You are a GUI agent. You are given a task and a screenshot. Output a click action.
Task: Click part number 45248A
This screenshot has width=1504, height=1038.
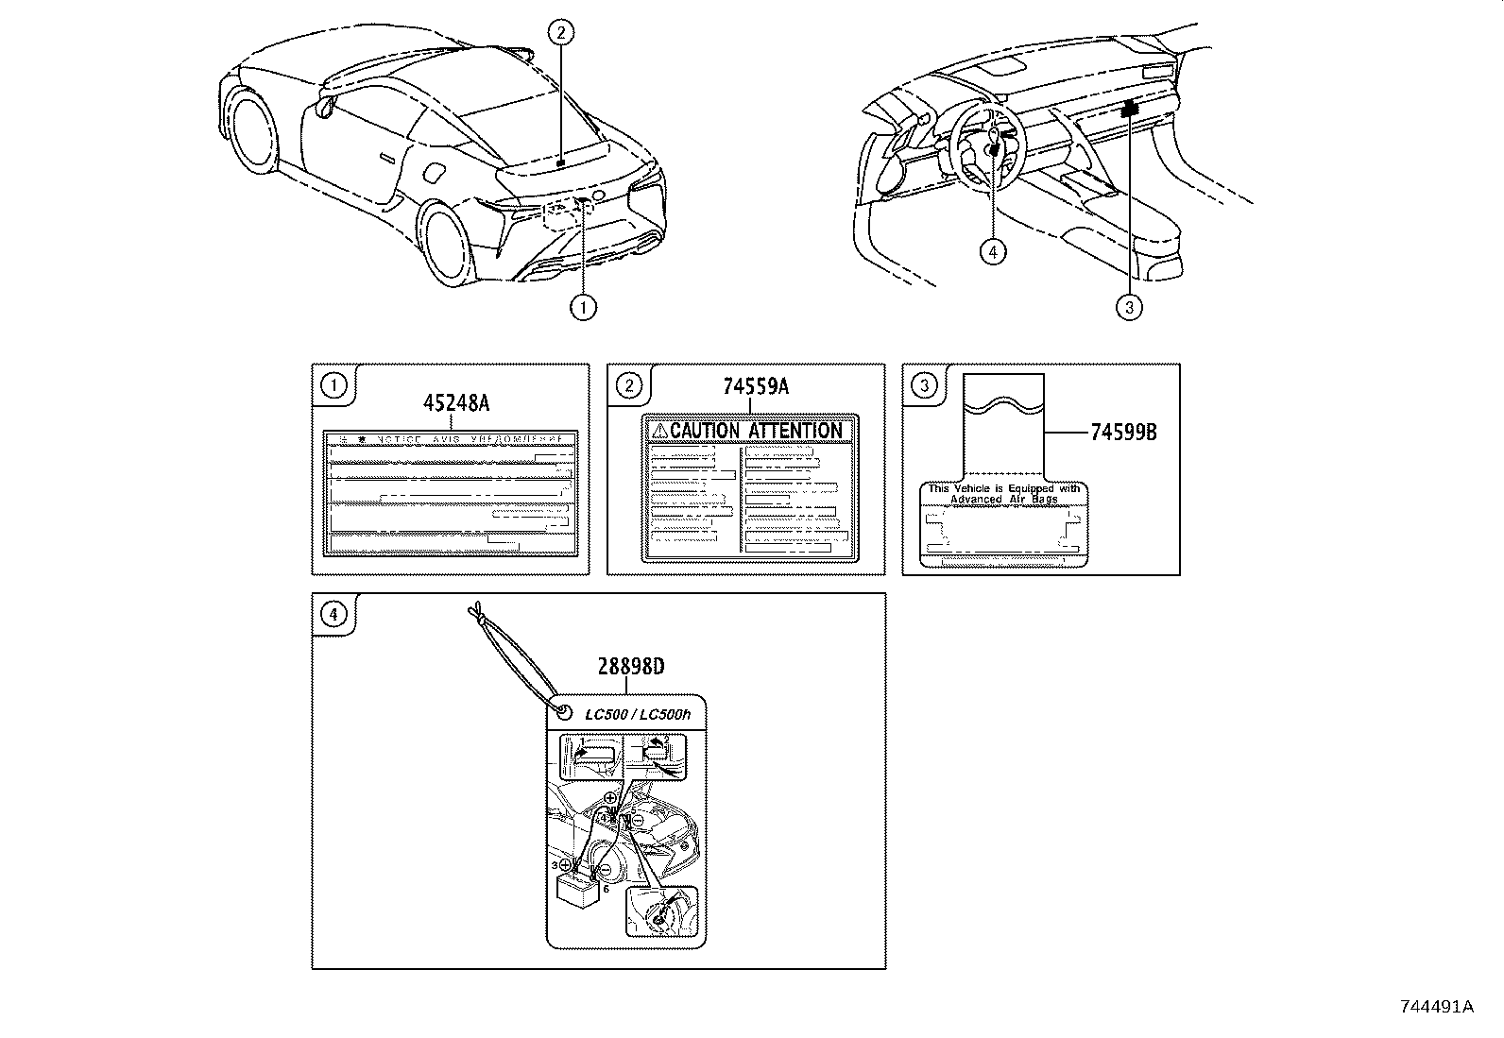(455, 403)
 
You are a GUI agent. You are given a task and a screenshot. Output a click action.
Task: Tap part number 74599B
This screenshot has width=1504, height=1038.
(1123, 433)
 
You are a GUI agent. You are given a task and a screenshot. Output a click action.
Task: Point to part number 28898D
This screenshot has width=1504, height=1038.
(630, 667)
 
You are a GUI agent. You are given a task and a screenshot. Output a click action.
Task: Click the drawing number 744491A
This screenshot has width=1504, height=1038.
(1436, 1006)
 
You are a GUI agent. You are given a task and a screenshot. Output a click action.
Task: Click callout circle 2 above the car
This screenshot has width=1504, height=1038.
(560, 33)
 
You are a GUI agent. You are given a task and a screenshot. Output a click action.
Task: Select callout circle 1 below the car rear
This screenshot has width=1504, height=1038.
(583, 306)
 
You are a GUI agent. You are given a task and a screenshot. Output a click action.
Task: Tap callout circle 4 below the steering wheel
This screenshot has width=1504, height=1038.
(992, 251)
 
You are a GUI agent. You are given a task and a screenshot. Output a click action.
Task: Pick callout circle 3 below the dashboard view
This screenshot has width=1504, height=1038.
(1129, 306)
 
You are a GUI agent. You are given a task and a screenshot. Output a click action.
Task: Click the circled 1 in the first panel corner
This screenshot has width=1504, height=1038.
(333, 384)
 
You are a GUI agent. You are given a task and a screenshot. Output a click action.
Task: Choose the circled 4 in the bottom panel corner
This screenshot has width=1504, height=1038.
(333, 614)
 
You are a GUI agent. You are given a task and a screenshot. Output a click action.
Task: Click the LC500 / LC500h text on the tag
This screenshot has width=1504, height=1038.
(638, 715)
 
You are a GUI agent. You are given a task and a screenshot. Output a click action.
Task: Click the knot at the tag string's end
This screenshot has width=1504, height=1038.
(479, 615)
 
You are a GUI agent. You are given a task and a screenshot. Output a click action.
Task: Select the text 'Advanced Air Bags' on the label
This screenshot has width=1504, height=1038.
(1003, 499)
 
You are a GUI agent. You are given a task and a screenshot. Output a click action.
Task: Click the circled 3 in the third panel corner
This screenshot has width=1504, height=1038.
(923, 384)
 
